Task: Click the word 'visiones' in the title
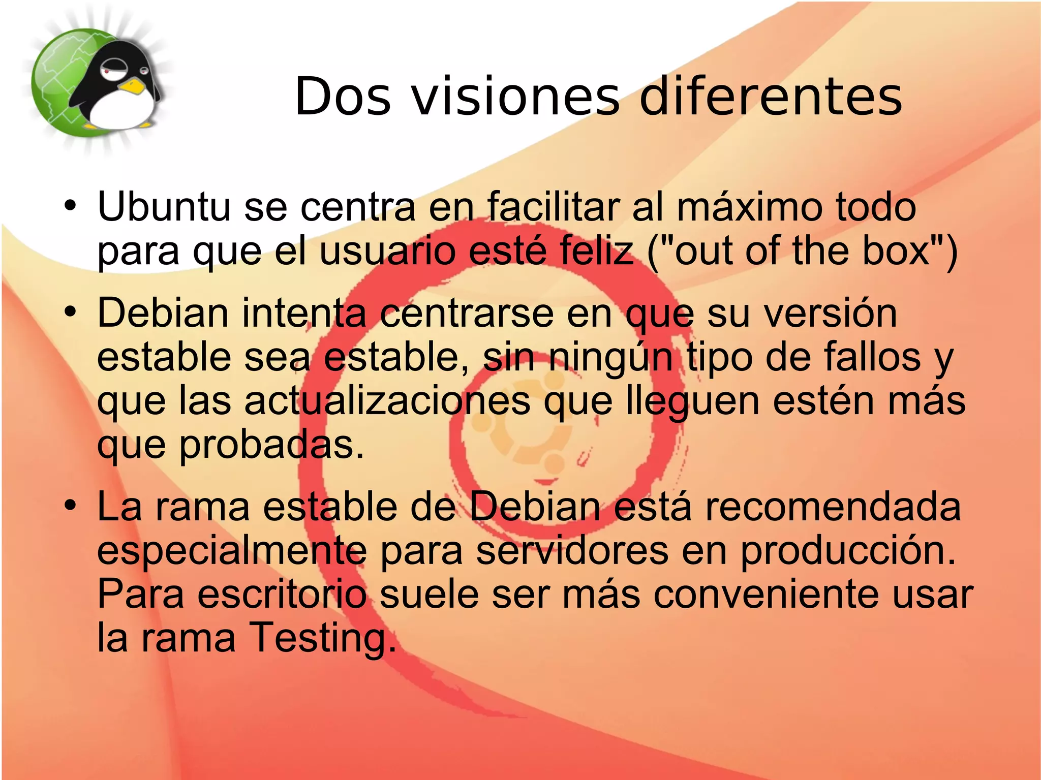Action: point(516,97)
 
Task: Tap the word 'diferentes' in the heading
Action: point(771,97)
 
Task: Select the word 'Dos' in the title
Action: point(343,97)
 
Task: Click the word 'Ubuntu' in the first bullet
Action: point(164,207)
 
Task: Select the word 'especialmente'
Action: point(231,551)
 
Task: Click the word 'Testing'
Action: point(322,638)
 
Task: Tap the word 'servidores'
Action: point(572,551)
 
